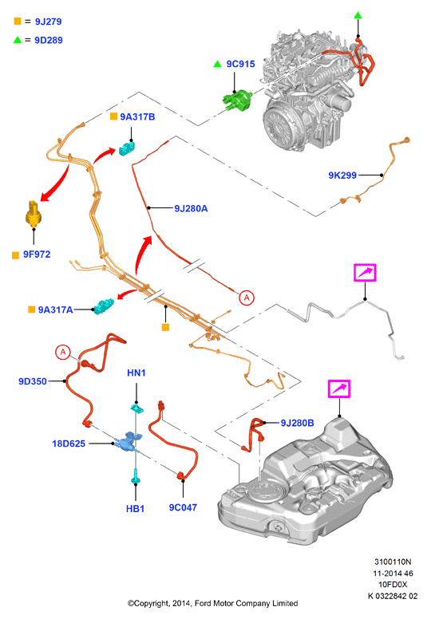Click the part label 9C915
240,64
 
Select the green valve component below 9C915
237,100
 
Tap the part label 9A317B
137,116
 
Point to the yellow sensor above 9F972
34,214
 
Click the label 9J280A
191,208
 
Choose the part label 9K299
342,175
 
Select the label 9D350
33,381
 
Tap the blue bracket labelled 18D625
127,441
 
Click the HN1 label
136,373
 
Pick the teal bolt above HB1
136,476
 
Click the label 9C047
183,507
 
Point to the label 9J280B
297,424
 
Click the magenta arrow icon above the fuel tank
339,388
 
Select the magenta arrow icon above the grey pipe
365,272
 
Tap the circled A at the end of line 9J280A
247,298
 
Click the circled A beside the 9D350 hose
63,352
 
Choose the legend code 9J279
48,22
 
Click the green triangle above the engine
358,15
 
